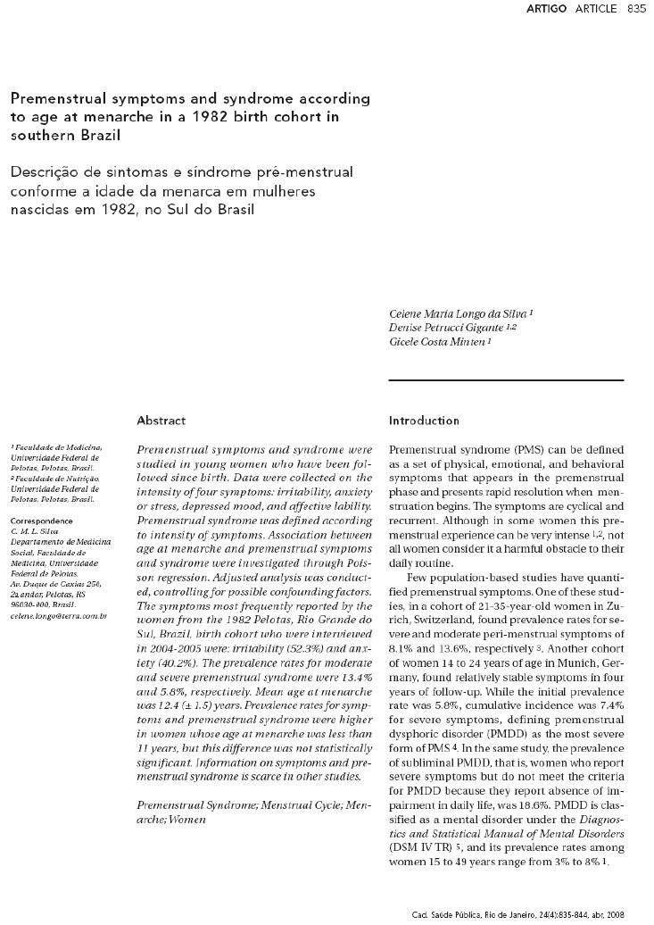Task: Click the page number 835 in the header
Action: (636, 9)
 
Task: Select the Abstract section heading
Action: (161, 420)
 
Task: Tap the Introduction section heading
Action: (424, 420)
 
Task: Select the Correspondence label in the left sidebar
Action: (41, 520)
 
